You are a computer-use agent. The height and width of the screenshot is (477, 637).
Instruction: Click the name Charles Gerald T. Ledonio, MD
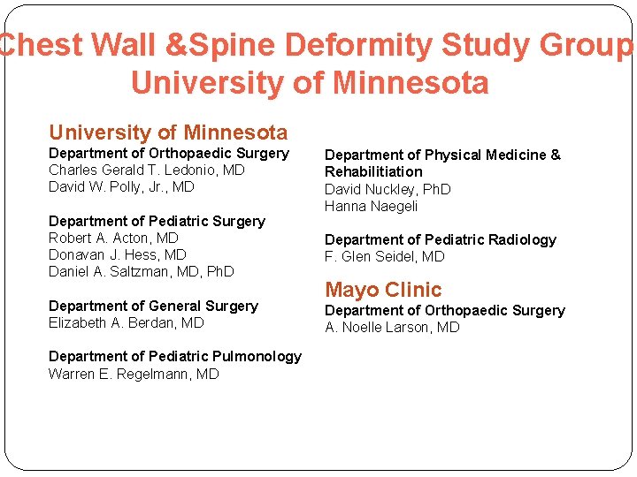point(146,170)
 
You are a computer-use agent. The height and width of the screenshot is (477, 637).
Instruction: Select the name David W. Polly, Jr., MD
point(121,186)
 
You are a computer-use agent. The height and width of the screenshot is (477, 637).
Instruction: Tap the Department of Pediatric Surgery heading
point(157,221)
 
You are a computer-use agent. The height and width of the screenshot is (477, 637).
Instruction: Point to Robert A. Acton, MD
point(113,238)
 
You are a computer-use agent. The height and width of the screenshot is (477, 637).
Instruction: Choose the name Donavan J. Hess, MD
point(118,254)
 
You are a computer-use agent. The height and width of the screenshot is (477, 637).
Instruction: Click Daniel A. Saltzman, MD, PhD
point(141,271)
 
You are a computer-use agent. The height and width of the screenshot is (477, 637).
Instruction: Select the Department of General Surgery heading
point(153,306)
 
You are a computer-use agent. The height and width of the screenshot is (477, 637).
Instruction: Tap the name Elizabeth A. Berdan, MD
point(126,322)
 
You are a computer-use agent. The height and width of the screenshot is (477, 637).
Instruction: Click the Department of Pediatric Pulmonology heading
point(175,356)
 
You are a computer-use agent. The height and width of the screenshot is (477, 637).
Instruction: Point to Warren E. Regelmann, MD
point(134,374)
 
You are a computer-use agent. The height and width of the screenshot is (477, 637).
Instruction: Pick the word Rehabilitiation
point(373,171)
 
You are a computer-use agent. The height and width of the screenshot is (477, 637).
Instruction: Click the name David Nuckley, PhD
point(388,189)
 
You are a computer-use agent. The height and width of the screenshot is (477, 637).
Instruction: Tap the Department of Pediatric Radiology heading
point(441,239)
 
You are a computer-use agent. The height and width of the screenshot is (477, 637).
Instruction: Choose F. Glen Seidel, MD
point(384,256)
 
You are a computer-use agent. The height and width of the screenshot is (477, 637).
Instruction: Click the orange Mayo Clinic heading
point(383,290)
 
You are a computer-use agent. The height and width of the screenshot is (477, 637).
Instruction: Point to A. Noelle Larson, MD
point(392,327)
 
